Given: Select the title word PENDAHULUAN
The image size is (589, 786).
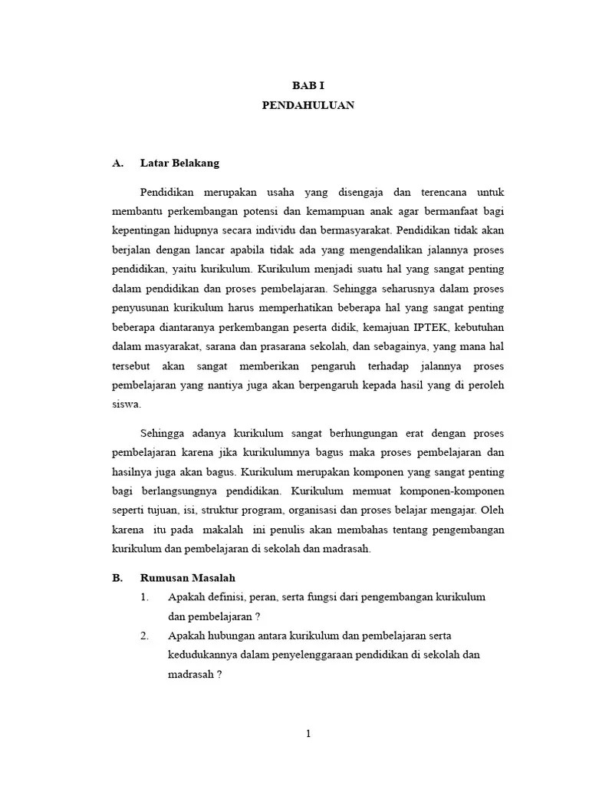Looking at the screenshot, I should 308,105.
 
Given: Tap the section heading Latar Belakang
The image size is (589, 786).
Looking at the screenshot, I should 179,163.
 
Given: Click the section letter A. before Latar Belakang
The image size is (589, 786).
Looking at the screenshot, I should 118,163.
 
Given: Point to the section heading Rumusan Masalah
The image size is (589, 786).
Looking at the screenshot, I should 187,578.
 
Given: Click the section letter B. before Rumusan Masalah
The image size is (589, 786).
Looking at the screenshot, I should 118,578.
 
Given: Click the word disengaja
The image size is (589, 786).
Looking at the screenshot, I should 362,191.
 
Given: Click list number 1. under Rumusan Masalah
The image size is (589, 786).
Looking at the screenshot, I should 144,596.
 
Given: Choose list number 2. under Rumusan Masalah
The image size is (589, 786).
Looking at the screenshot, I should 144,636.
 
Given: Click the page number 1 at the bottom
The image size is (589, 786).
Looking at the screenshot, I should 308,734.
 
